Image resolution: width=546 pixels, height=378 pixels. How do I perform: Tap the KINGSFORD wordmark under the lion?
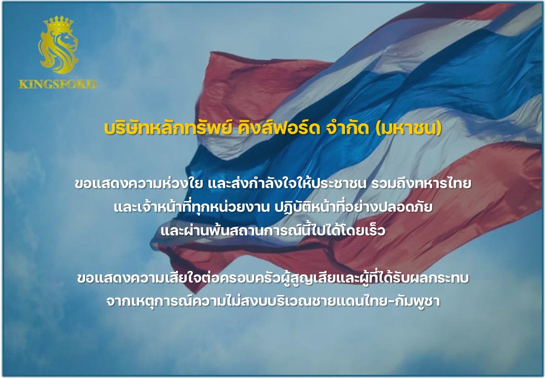click(58, 84)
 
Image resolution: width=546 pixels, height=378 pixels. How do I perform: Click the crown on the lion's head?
click(58, 24)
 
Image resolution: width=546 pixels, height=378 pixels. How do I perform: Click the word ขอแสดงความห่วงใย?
click(139, 183)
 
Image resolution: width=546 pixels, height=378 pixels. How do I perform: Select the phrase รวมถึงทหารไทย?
click(421, 183)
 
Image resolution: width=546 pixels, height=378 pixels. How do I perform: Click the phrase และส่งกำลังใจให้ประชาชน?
click(287, 183)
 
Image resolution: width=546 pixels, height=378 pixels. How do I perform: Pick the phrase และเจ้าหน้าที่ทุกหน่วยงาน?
click(192, 207)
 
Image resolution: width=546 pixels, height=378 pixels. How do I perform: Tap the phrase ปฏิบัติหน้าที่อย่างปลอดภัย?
click(354, 207)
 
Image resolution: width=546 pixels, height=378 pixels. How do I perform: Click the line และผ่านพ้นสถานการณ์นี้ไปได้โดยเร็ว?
click(273, 230)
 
